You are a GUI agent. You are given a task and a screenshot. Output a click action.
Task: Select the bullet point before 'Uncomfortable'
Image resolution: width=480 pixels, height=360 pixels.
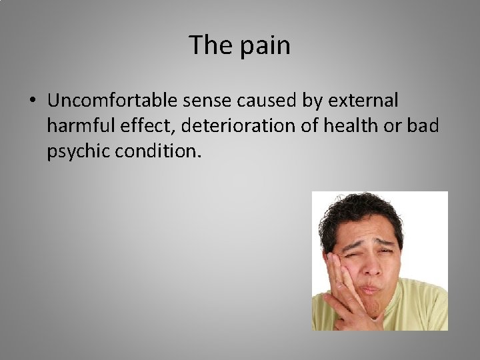click(34, 101)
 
